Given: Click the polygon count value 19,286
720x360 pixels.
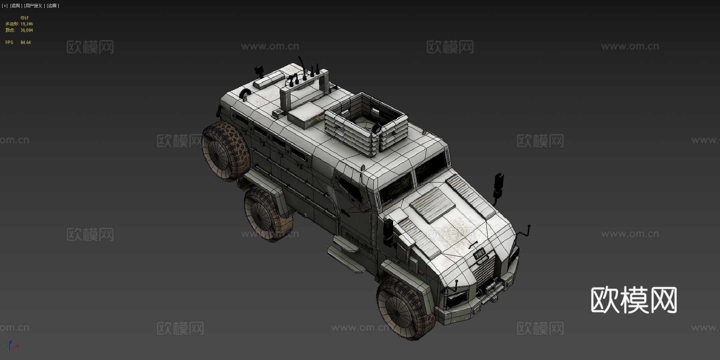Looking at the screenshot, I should tap(27, 24).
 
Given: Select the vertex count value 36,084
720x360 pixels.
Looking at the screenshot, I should tap(27, 30).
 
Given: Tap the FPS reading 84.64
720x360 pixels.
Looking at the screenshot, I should tap(26, 42).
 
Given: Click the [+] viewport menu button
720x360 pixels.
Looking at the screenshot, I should tap(5, 6).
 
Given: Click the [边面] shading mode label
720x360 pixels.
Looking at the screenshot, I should tap(53, 6).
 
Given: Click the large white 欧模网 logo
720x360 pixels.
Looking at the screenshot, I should tap(634, 300).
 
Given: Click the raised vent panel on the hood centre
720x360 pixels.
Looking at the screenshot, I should tap(432, 204).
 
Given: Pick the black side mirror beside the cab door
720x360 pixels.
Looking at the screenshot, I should tap(388, 232).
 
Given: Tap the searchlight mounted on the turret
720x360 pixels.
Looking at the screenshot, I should tap(376, 128).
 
